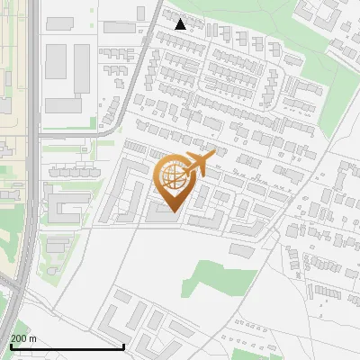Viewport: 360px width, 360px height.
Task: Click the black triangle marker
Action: [181, 25]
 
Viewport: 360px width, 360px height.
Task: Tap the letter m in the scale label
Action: [33, 338]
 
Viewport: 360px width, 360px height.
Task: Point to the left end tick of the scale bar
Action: [10, 346]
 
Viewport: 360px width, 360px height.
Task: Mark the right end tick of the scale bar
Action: [123, 346]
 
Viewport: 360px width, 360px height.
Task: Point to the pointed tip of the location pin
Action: [171, 212]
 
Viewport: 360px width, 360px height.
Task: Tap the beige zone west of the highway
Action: [11, 153]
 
